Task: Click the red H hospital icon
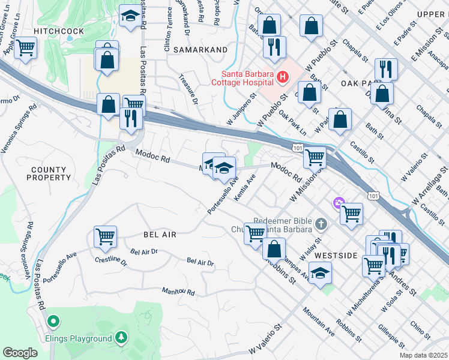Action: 282,77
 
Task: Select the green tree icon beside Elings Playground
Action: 121,338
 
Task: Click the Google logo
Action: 20,352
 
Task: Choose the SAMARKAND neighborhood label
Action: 200,50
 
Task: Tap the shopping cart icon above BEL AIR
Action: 105,236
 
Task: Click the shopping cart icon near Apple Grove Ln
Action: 25,47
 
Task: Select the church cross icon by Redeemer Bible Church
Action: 321,224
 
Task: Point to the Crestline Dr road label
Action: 111,260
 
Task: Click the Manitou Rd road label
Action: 178,292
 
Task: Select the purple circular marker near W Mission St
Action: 339,204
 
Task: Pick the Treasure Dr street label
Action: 188,88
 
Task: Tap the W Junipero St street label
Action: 240,105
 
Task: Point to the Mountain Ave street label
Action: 318,321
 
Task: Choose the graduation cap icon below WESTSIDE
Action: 321,274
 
